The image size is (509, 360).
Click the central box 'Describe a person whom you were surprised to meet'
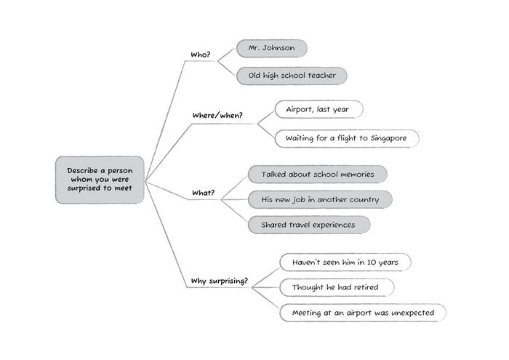tap(100, 179)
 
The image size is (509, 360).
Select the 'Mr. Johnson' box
tap(272, 49)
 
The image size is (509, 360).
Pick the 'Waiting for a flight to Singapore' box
tap(348, 137)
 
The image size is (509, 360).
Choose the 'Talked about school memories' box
tap(317, 175)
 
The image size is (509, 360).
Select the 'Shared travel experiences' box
tap(308, 225)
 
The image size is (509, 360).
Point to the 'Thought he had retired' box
tap(337, 287)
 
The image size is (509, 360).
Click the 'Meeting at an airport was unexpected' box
tap(363, 313)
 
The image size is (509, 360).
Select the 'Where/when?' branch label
tap(217, 116)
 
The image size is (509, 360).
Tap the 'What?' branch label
tap(203, 193)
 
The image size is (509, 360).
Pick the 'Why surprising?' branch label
tap(219, 281)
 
